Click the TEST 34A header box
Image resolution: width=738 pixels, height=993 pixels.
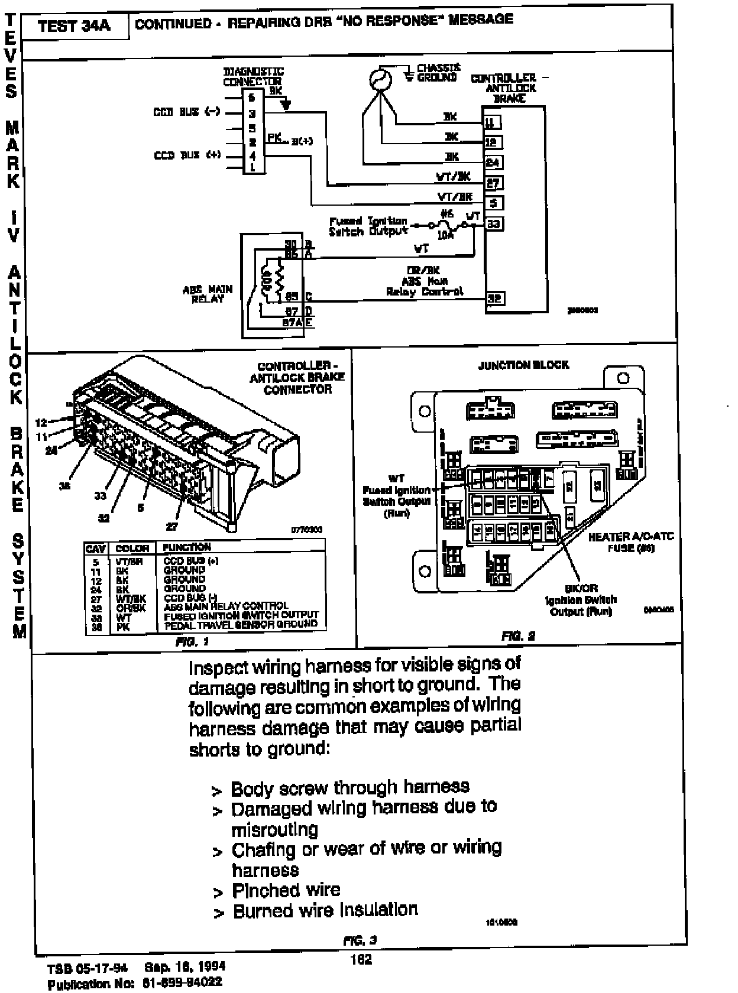[x=74, y=27]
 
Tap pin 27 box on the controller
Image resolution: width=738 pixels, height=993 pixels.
[x=493, y=183]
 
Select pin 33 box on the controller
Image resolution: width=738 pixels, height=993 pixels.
[x=494, y=224]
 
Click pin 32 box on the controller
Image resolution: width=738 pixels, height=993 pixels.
[x=494, y=298]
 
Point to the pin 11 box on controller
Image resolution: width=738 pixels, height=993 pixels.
[x=492, y=122]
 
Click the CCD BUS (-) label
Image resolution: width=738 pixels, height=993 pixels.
[x=186, y=112]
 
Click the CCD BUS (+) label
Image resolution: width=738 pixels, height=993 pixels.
[x=187, y=155]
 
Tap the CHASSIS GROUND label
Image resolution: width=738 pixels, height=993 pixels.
[x=438, y=73]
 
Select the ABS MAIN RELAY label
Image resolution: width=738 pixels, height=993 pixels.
[x=208, y=294]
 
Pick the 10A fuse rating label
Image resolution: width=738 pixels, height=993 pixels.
[x=445, y=235]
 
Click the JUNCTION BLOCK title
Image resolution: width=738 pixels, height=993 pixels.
[x=523, y=365]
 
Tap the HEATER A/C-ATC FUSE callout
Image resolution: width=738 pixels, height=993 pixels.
[x=630, y=542]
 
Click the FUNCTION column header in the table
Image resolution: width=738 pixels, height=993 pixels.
[x=187, y=547]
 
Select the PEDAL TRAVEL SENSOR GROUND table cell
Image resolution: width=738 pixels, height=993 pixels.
[x=241, y=624]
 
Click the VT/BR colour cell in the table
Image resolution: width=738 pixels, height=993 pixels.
[x=130, y=561]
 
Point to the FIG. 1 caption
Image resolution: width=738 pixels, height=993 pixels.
[x=193, y=641]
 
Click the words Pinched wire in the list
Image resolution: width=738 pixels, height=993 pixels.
[x=286, y=890]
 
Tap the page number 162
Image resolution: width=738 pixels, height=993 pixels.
[x=361, y=959]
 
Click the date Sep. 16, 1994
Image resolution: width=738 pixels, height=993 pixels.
[x=184, y=967]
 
